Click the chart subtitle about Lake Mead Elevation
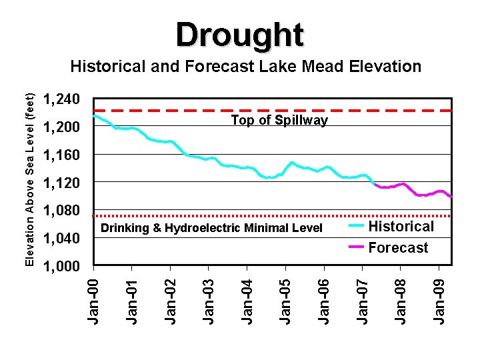coord(246,67)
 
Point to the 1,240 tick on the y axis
coord(61,99)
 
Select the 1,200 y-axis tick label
coord(61,127)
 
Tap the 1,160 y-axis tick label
coord(61,155)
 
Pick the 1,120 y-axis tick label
coord(61,183)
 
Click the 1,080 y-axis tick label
coord(61,211)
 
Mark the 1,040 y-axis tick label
coord(61,239)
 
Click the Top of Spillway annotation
coord(279,121)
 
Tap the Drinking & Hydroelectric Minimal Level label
coord(211,229)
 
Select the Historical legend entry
coord(401,227)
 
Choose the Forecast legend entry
coord(399,248)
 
